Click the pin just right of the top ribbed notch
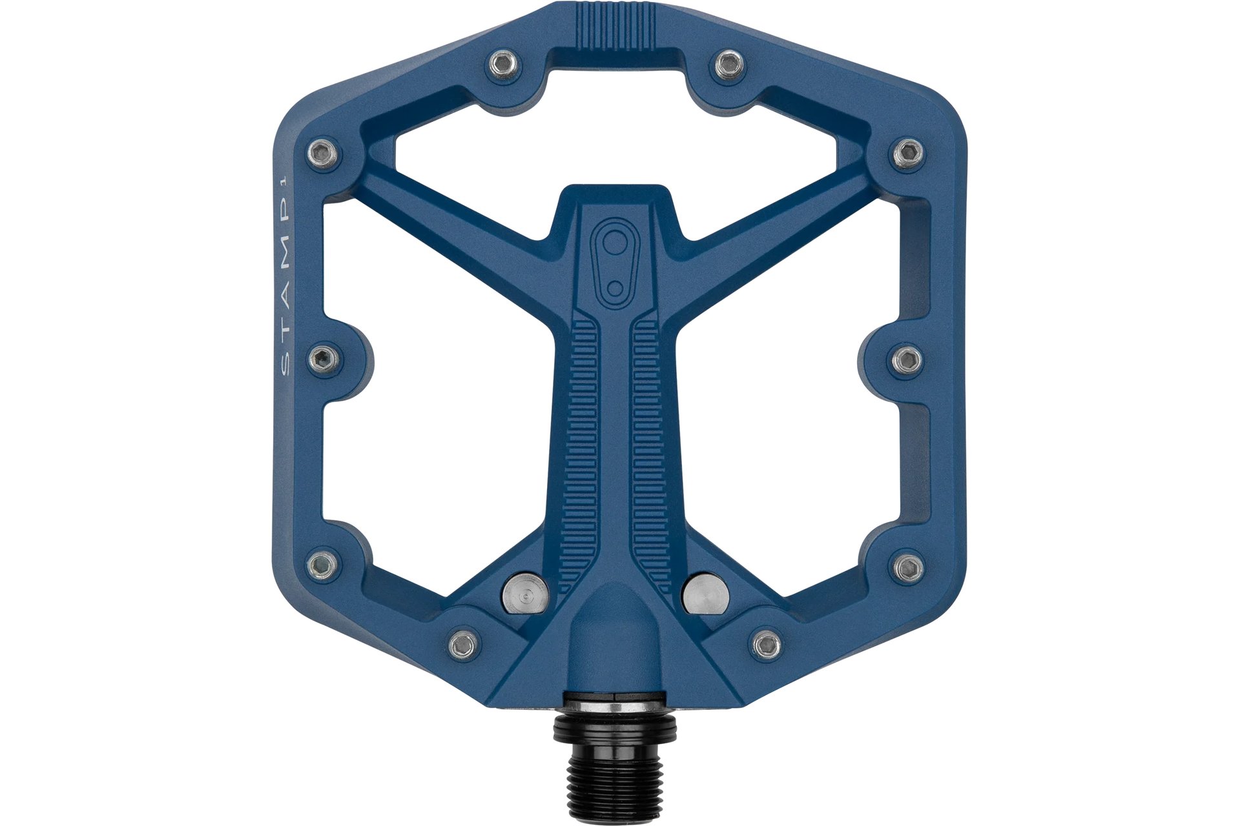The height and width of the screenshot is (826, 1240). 728,62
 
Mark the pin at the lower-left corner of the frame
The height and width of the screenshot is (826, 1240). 323,566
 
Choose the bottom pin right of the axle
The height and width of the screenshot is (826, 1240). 767,647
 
